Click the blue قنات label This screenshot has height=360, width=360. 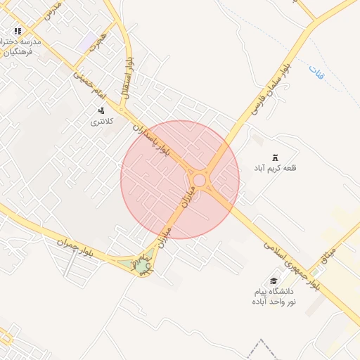click(x=317, y=71)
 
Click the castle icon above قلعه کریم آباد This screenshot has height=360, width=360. click(x=275, y=157)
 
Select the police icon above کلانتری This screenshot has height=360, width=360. click(x=101, y=110)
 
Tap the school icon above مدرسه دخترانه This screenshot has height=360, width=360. click(x=18, y=32)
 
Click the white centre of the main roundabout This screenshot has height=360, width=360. click(x=199, y=181)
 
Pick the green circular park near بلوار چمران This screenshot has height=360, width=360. click(x=143, y=266)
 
